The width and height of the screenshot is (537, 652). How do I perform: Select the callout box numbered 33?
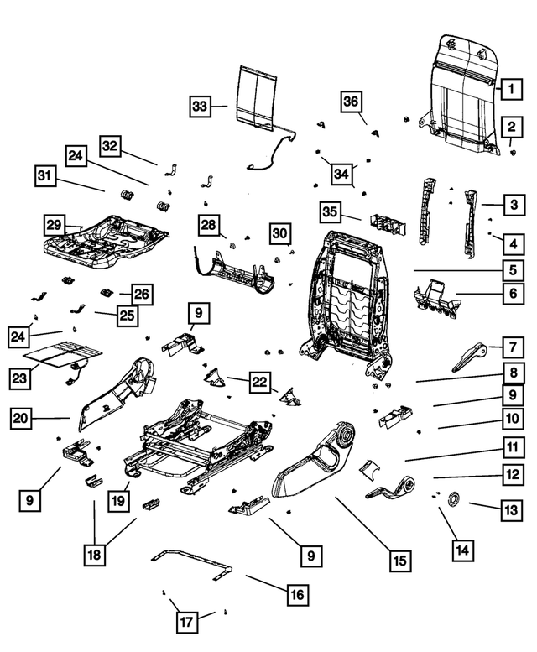(x=199, y=107)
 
